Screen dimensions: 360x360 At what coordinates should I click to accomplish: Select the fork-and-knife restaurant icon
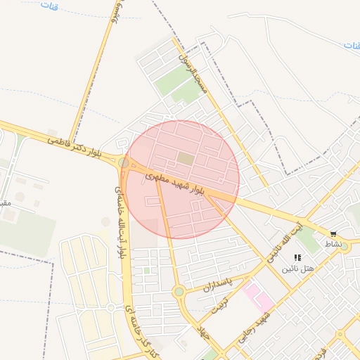[297, 258]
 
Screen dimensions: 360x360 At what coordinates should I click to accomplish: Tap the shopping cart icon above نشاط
[333, 234]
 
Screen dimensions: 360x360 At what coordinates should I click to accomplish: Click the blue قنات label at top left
[49, 6]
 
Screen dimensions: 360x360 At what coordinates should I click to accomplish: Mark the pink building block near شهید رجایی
[257, 296]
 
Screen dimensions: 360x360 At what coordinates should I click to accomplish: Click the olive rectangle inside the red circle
[185, 159]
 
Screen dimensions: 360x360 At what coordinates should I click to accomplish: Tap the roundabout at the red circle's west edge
[124, 163]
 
